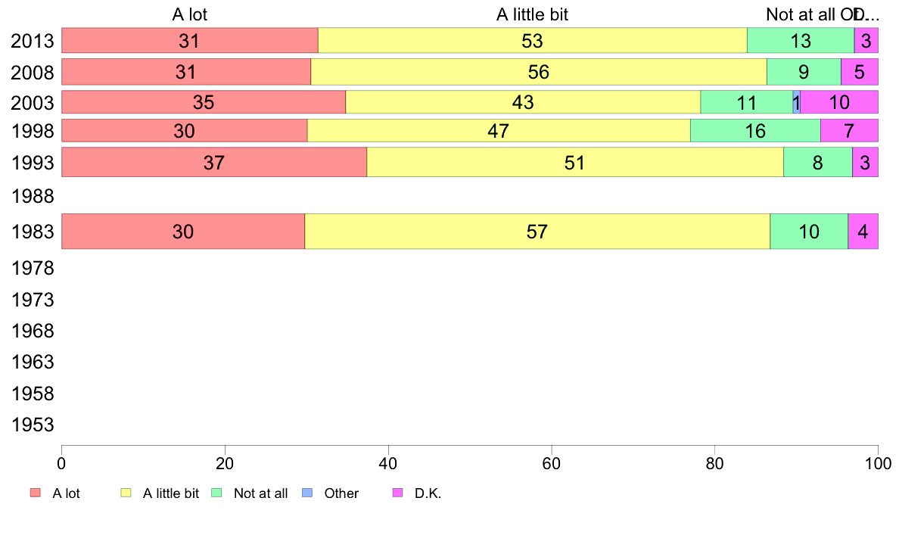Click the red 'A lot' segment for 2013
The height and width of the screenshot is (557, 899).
[x=189, y=41]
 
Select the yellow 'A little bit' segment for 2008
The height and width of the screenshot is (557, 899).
[x=539, y=72]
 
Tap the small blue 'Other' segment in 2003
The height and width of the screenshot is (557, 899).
[x=796, y=102]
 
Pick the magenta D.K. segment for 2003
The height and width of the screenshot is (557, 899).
[x=839, y=102]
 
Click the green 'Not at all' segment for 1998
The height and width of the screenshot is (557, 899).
[x=755, y=131]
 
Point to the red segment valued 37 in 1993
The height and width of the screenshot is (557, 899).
[x=214, y=162]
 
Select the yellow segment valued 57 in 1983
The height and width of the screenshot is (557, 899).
[x=537, y=232]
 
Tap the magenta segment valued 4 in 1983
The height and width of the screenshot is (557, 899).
[x=863, y=232]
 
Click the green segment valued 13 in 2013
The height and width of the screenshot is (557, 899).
[x=801, y=41]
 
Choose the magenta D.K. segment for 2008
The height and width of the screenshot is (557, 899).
[x=859, y=72]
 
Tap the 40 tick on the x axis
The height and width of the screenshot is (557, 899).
[x=388, y=461]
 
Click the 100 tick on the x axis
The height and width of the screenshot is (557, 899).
[x=878, y=461]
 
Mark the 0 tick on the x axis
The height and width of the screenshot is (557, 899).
[x=61, y=461]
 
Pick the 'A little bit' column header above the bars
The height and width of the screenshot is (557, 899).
[x=532, y=14]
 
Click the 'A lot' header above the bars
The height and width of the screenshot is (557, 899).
[x=189, y=14]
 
